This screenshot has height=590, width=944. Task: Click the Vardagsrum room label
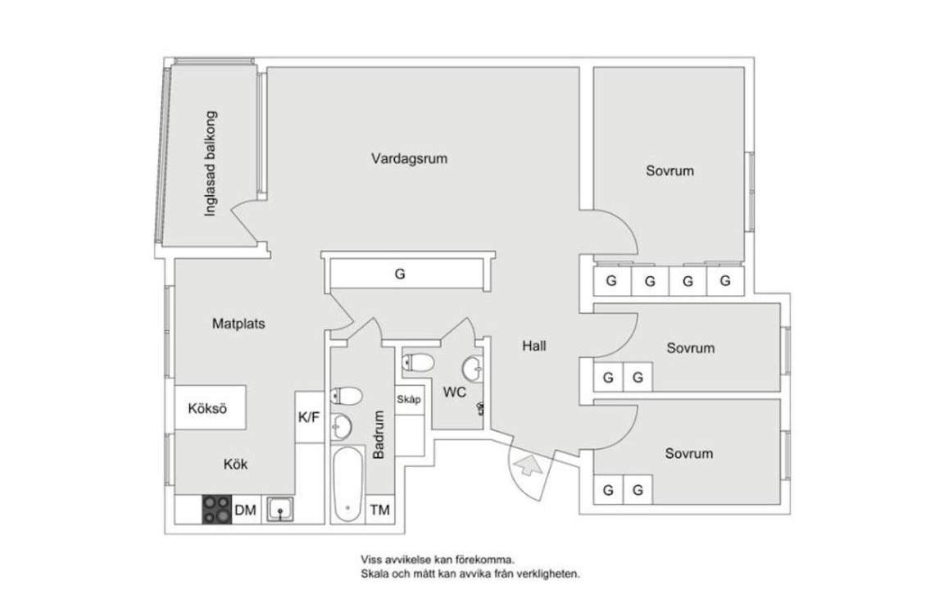409,158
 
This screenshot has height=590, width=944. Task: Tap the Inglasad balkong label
211,163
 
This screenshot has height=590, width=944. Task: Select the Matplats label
238,324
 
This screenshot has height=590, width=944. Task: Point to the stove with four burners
217,510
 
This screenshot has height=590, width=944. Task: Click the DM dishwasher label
246,511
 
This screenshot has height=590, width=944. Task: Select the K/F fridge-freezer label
309,417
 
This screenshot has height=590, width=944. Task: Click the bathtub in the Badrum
347,483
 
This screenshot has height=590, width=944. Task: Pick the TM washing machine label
379,510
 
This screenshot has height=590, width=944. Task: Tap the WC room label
455,393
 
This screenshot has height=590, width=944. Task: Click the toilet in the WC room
420,362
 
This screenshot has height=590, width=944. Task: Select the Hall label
534,346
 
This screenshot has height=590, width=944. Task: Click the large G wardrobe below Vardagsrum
400,275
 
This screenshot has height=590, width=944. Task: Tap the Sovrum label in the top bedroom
669,171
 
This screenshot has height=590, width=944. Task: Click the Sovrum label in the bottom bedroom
688,453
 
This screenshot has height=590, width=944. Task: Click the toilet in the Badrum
347,397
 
